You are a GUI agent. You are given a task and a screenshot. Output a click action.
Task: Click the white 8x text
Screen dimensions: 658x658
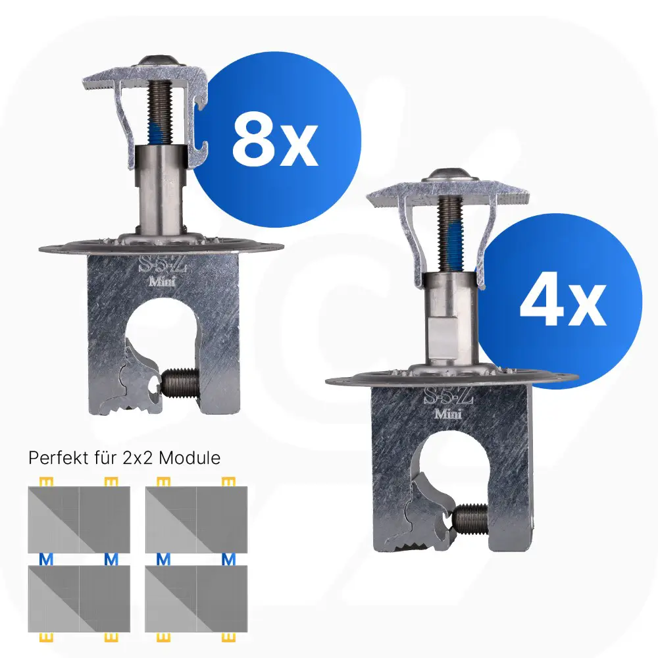275,139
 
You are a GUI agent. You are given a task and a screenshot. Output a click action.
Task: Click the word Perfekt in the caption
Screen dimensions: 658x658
59,457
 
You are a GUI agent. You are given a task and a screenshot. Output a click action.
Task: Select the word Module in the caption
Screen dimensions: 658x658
190,457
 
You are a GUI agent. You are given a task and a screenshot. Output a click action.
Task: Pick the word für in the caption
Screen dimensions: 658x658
105,457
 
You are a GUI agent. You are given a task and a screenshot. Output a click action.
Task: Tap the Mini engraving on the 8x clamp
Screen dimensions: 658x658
163,281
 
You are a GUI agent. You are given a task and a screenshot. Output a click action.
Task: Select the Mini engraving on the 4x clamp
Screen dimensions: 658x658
448,414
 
